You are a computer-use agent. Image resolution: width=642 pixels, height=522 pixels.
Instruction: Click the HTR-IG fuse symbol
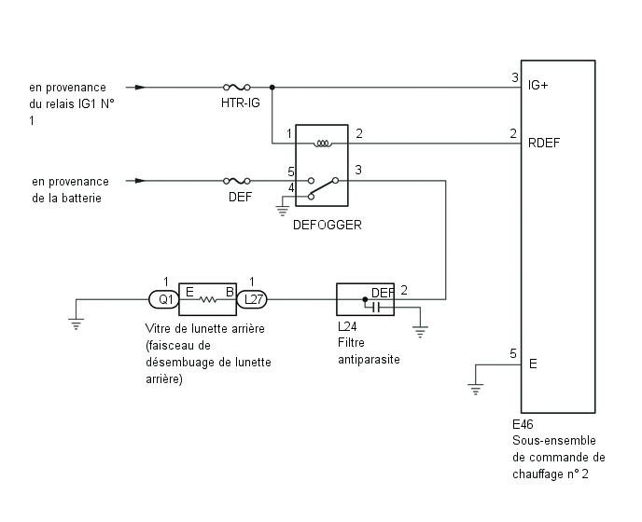(237, 87)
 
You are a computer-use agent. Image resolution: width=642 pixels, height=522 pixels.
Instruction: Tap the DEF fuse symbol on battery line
(237, 181)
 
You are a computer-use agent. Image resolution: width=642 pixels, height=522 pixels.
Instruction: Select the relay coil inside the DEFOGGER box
(323, 144)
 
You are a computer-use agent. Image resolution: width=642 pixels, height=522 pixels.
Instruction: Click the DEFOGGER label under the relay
(328, 225)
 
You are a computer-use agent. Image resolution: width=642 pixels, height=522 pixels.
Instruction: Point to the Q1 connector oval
(164, 300)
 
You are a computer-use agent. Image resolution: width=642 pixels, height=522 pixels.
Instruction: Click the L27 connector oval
(252, 300)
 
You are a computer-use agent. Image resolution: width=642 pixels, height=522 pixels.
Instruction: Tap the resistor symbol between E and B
(208, 300)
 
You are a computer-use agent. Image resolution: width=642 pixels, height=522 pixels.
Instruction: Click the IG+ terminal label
(537, 85)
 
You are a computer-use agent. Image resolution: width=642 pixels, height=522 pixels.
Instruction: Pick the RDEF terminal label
(544, 143)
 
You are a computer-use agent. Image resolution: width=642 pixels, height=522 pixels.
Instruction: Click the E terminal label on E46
(533, 364)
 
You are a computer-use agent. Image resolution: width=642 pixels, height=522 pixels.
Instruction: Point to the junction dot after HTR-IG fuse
(272, 87)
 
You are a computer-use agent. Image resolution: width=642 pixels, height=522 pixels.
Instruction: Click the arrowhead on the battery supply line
(140, 181)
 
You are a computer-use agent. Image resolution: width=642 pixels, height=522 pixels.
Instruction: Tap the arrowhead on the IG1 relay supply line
(140, 87)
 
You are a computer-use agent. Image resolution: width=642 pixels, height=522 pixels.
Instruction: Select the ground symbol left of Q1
(77, 323)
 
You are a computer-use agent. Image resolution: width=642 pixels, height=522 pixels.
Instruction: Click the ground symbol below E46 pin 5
(475, 389)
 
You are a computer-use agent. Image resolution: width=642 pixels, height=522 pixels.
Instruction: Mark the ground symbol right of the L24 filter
(420, 331)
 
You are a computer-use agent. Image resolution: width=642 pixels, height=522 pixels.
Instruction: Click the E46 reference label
(523, 424)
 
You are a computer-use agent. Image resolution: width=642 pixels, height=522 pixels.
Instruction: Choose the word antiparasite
(369, 359)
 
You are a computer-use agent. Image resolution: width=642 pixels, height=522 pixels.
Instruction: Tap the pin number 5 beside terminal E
(513, 353)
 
